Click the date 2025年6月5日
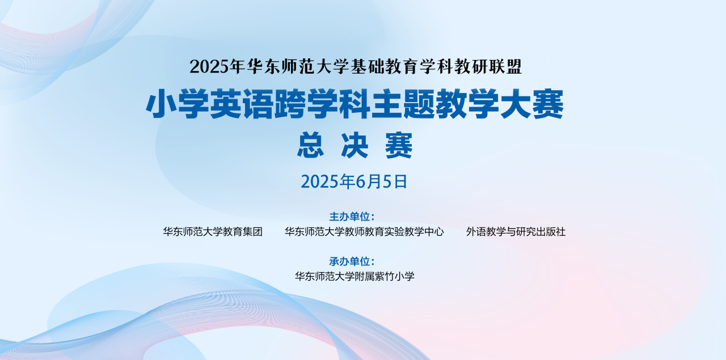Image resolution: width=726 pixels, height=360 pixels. click(354, 181)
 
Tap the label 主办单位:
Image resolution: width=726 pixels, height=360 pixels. click(352, 217)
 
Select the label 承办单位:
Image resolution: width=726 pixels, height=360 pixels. click(352, 261)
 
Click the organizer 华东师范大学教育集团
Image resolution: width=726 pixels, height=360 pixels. click(213, 232)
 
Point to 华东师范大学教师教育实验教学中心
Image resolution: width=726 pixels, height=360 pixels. click(364, 232)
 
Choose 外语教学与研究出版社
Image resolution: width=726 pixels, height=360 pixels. click(516, 232)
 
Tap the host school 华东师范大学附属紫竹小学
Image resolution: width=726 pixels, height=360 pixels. click(354, 277)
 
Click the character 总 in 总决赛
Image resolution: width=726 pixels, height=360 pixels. click(310, 145)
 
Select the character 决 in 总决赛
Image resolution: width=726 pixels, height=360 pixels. click(354, 145)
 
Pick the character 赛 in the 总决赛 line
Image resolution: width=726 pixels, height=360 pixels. click(399, 145)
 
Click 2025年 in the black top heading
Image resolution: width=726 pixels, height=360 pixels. click(217, 66)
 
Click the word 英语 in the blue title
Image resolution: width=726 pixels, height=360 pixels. click(241, 104)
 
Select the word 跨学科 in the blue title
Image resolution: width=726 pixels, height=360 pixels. click(322, 104)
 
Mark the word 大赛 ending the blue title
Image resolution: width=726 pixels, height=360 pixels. click(532, 104)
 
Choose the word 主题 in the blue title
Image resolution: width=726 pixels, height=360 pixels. click(403, 104)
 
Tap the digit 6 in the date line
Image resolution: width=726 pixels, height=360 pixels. click(360, 181)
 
